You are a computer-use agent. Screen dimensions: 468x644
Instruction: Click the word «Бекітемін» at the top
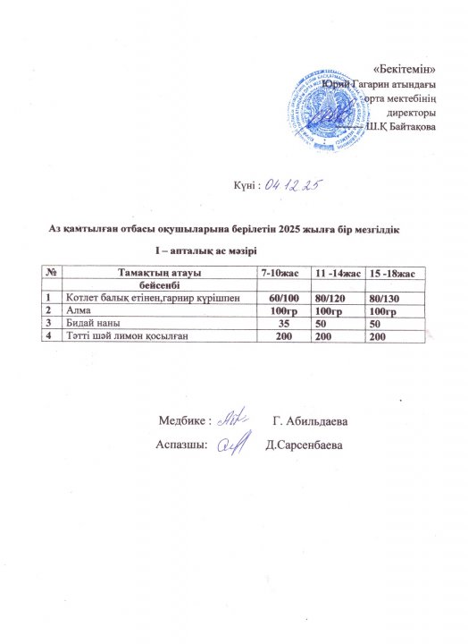coord(403,68)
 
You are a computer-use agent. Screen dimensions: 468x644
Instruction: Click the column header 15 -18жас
coord(397,271)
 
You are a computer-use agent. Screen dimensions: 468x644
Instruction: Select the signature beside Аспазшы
coord(233,445)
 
